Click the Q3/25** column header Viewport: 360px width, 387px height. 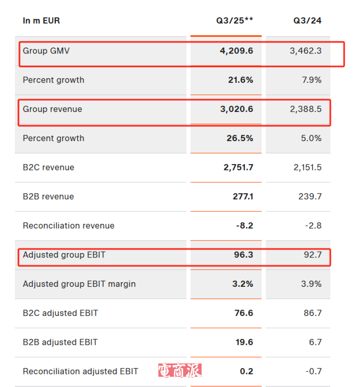point(234,21)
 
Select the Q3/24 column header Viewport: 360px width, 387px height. point(307,21)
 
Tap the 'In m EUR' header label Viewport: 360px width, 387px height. point(41,21)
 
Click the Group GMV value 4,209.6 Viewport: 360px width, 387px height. point(236,51)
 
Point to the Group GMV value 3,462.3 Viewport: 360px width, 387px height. point(306,51)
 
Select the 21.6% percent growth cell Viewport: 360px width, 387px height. point(240,80)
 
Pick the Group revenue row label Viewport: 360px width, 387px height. point(52,109)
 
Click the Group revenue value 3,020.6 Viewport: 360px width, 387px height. point(236,109)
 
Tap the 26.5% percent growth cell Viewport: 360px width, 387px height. point(240,138)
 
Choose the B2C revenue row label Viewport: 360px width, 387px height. point(49,168)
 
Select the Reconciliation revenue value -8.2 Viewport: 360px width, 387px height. point(244,226)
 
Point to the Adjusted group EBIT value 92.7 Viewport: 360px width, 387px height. point(312,255)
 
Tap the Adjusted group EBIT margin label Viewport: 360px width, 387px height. point(79,284)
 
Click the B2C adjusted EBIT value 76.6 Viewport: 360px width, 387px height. point(244,313)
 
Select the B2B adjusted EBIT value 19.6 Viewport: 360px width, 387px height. point(244,343)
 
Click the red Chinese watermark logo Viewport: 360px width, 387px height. point(180,370)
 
